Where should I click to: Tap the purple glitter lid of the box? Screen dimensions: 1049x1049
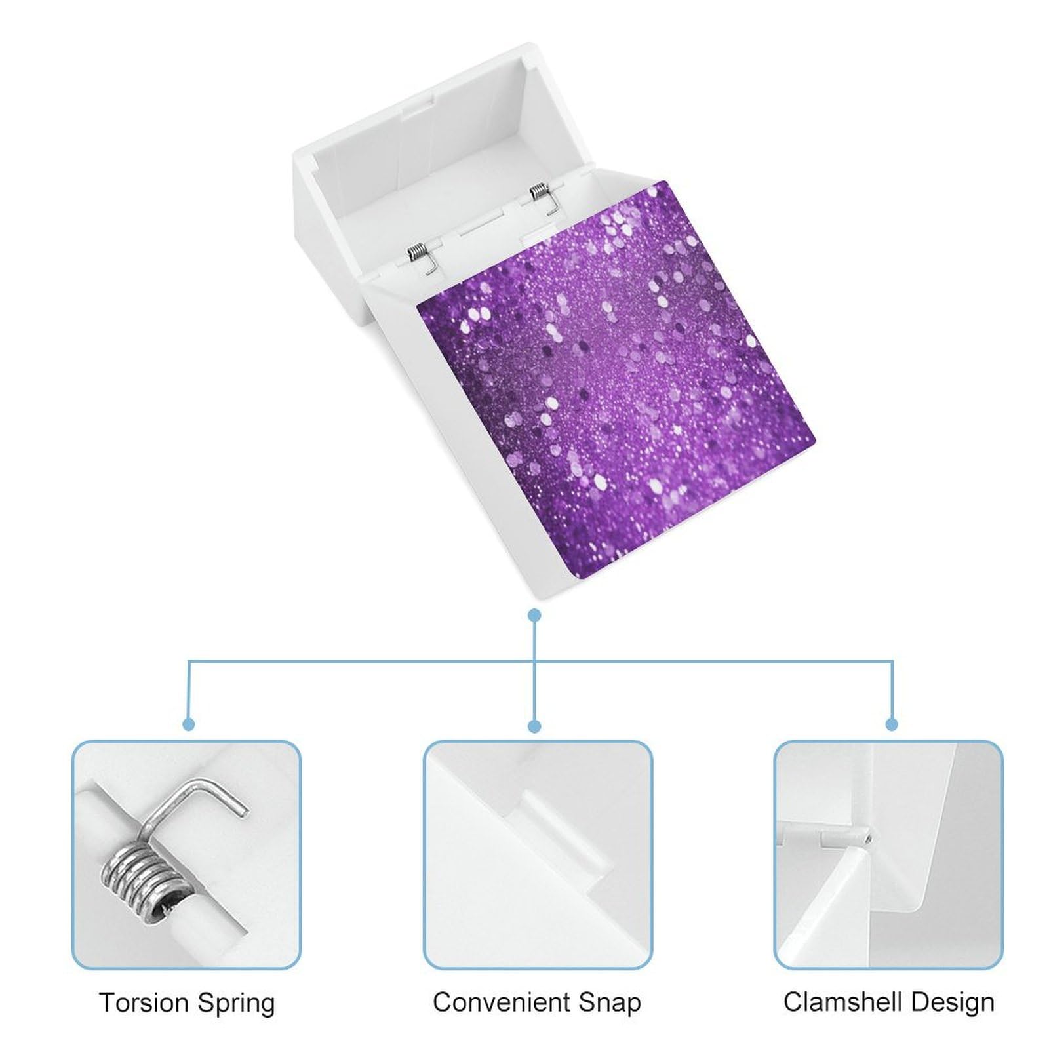point(616,380)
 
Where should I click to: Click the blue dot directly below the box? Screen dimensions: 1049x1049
point(535,615)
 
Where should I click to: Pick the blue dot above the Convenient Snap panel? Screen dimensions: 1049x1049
point(535,726)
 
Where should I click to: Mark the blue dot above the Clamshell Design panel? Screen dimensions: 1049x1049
point(892,724)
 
